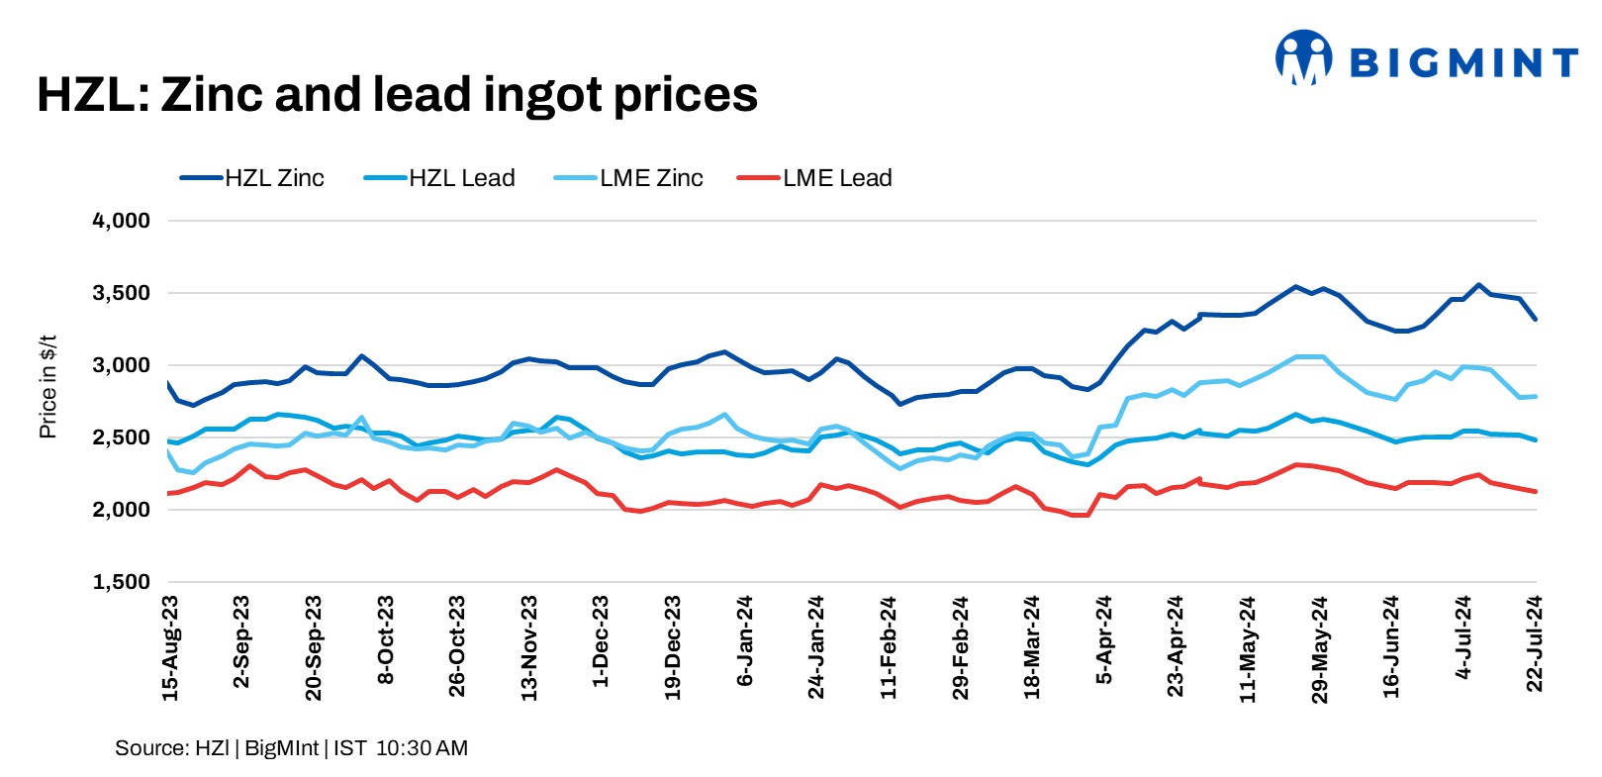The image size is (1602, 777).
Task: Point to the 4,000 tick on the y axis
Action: pos(122,221)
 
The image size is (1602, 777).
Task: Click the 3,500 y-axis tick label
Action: pos(122,293)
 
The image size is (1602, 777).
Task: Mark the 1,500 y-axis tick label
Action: pos(122,582)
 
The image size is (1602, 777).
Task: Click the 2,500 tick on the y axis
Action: pos(122,437)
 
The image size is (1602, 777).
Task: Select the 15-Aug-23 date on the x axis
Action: pos(170,648)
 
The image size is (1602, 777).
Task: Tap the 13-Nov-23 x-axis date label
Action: pos(529,648)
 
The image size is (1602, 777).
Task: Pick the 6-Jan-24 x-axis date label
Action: pos(745,641)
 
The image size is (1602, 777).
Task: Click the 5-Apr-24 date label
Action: pos(1104,640)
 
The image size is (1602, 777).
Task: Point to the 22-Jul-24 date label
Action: pos(1535,643)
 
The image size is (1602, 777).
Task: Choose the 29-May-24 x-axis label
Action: pos(1320,649)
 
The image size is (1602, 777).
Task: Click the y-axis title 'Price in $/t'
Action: pos(47,386)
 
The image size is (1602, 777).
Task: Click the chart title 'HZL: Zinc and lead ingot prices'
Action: pos(397,95)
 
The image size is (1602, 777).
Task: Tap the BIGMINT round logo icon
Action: pos(1303,57)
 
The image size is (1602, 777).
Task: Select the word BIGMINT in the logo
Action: pos(1462,63)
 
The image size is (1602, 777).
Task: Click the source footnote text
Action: pos(291,748)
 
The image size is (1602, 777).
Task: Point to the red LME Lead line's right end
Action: pos(1535,491)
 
